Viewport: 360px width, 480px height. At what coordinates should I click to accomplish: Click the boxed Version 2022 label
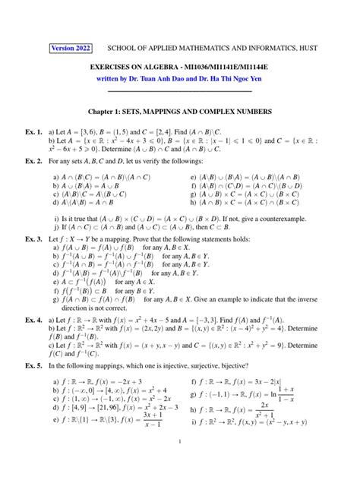(x=71, y=48)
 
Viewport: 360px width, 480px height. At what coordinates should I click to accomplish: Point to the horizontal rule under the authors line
(x=179, y=90)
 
